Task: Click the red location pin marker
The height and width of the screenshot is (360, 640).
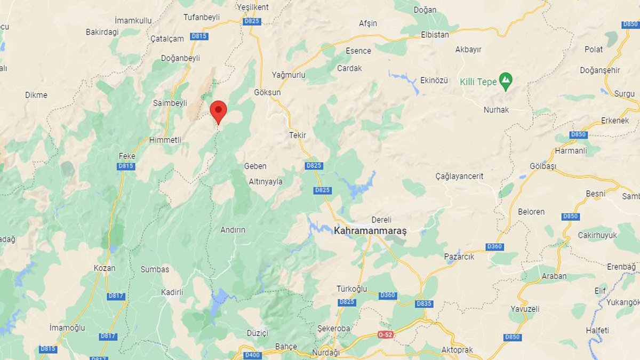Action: coord(218,111)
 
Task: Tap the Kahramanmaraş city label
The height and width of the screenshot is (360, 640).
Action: coord(370,231)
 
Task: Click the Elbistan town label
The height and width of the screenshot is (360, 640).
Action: coord(434,35)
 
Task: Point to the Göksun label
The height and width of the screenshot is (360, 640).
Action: coord(267,92)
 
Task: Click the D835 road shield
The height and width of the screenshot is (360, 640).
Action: coord(423,303)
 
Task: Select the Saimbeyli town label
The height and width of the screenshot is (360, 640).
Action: coord(170,103)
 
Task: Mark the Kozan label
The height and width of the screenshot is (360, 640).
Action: coord(104,268)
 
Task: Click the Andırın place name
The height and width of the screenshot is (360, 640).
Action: coord(233,230)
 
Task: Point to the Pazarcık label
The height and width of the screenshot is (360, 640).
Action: coord(459,257)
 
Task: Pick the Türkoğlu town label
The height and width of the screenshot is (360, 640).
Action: coord(352,289)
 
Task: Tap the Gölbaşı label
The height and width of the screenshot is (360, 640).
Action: coord(543,166)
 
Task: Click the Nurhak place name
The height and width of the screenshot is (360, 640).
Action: coord(496,110)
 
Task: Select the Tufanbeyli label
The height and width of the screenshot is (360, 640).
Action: coord(202,17)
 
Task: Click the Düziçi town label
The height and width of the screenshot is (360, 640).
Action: coord(257,333)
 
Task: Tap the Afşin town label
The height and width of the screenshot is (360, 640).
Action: coord(368,23)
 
